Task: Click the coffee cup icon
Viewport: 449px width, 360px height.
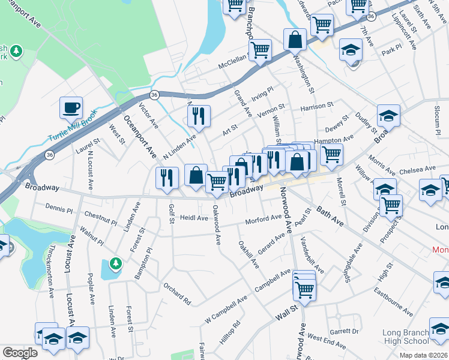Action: coord(71,108)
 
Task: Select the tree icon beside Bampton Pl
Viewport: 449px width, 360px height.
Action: coord(115,263)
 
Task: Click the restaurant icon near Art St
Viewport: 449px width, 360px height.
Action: coord(199,116)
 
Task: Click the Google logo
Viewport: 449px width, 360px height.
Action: coord(20,353)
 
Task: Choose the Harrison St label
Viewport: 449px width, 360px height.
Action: coord(317,106)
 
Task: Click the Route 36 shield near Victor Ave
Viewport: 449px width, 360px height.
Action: coord(154,95)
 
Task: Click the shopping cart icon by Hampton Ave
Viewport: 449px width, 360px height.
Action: coord(331,155)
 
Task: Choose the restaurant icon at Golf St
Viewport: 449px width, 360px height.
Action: coord(167,178)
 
